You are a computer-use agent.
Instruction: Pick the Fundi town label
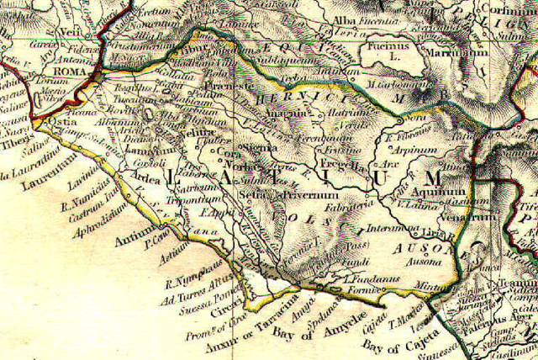click(337, 264)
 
